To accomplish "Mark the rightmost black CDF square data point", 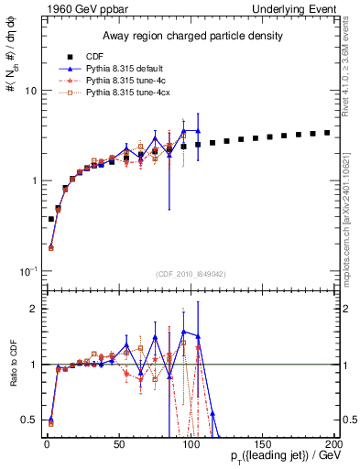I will pos(327,133).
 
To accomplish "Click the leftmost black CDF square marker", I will pos(50,219).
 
